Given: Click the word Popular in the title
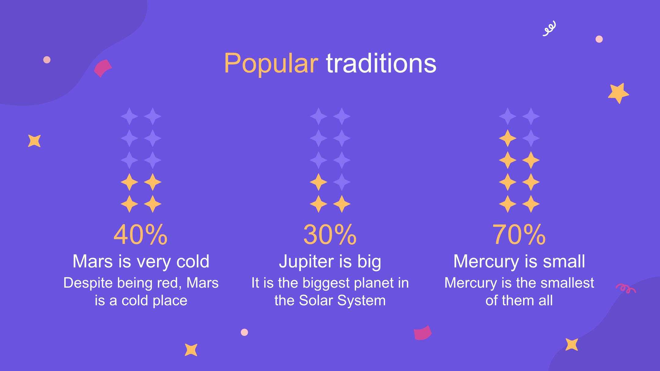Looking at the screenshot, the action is coord(271,64).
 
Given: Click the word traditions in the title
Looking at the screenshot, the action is coord(381,64).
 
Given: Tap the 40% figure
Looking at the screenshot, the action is coord(141,235).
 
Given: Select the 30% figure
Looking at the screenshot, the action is coord(330,235).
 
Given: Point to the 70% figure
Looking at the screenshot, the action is coord(519,235).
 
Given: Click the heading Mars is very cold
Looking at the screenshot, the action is coord(141,261).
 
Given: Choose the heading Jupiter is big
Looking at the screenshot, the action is coord(330,262).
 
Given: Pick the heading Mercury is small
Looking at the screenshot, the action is coord(519,261).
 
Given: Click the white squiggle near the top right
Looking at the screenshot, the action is coord(549,29).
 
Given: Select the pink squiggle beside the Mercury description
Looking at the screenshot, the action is coord(626,289).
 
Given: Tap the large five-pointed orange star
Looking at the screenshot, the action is coord(618,93).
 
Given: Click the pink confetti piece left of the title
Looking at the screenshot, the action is coord(103,68).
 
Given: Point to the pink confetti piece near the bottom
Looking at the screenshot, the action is coord(423,333).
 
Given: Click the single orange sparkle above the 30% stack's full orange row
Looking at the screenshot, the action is coord(318,182).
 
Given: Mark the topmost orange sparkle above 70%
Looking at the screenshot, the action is coord(508,138).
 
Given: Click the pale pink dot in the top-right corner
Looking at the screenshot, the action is coord(599,39).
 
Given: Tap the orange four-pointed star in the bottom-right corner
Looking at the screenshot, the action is coord(571,344).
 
